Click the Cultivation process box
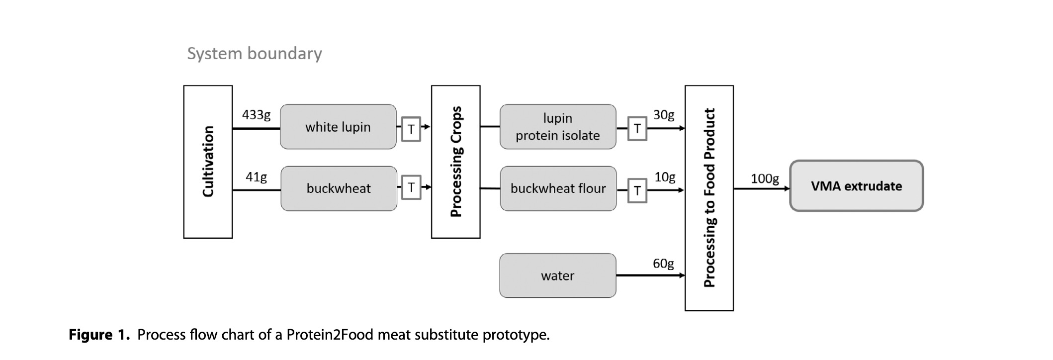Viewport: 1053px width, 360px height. pos(208,162)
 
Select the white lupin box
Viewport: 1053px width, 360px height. pos(338,127)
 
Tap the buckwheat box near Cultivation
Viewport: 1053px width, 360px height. pos(339,188)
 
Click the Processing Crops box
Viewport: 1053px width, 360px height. pos(455,162)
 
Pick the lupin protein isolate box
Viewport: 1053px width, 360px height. pos(557,127)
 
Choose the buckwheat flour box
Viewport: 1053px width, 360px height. pos(558,188)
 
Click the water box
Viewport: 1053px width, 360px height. pos(557,275)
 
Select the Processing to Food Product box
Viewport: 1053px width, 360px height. pos(709,198)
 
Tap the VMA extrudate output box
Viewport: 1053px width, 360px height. pos(856,186)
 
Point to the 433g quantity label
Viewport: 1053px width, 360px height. pos(256,115)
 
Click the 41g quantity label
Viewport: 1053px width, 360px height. pos(256,177)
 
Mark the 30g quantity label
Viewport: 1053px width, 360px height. pos(664,115)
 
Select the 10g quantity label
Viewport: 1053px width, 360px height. pos(665,177)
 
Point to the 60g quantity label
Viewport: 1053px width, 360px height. pos(663,264)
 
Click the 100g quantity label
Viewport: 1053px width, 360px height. pos(765,179)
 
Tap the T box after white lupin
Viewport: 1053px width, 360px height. pos(411,129)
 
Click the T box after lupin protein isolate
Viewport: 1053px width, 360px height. pos(637,129)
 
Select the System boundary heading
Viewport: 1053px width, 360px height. pos(254,53)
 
